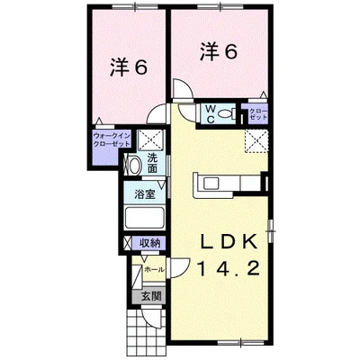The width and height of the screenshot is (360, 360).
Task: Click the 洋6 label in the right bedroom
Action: (x=218, y=52)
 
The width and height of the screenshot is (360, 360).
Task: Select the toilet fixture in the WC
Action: (x=229, y=113)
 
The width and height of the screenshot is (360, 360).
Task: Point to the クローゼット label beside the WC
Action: (x=258, y=114)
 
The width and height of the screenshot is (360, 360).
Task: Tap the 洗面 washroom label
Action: (x=153, y=164)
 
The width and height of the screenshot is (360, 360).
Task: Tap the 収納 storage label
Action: (x=150, y=244)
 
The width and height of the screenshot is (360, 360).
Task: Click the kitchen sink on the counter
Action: (x=212, y=184)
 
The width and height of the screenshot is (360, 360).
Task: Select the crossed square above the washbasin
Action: (x=150, y=139)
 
